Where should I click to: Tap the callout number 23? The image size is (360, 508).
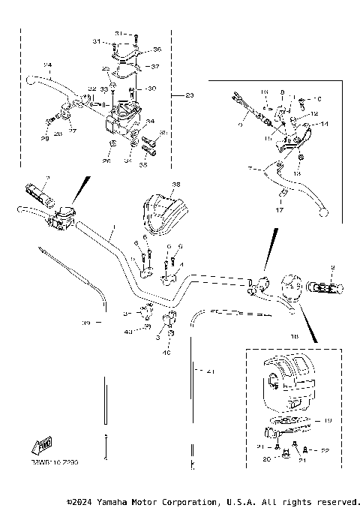(189, 95)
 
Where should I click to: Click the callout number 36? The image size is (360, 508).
(157, 50)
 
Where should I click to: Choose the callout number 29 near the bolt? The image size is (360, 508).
(44, 139)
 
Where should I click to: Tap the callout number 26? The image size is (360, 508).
(106, 161)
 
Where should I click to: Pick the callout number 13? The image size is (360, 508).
(297, 173)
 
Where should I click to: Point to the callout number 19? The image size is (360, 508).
(328, 422)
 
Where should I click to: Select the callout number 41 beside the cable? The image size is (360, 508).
(210, 371)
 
